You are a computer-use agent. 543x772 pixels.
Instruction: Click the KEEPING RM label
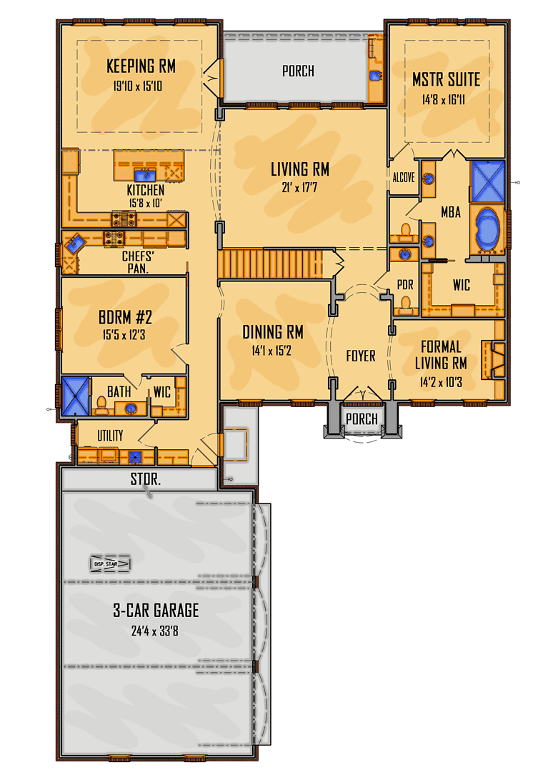pos(141,67)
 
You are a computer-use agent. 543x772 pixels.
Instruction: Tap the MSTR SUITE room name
pos(446,79)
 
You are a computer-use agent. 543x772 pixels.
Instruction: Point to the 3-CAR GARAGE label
pos(156,611)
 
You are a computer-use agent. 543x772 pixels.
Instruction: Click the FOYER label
pos(360,356)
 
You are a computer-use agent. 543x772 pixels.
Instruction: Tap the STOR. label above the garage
pos(146,480)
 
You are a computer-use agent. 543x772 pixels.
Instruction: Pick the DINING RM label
pos(272,333)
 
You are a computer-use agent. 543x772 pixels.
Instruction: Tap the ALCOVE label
pos(403,178)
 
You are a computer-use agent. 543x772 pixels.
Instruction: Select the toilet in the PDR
pos(405,305)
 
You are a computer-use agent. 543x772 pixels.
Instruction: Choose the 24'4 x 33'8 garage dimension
pos(156,631)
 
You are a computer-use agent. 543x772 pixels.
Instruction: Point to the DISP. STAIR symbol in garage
pos(110,564)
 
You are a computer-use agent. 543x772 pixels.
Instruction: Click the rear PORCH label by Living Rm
pos(298,71)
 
